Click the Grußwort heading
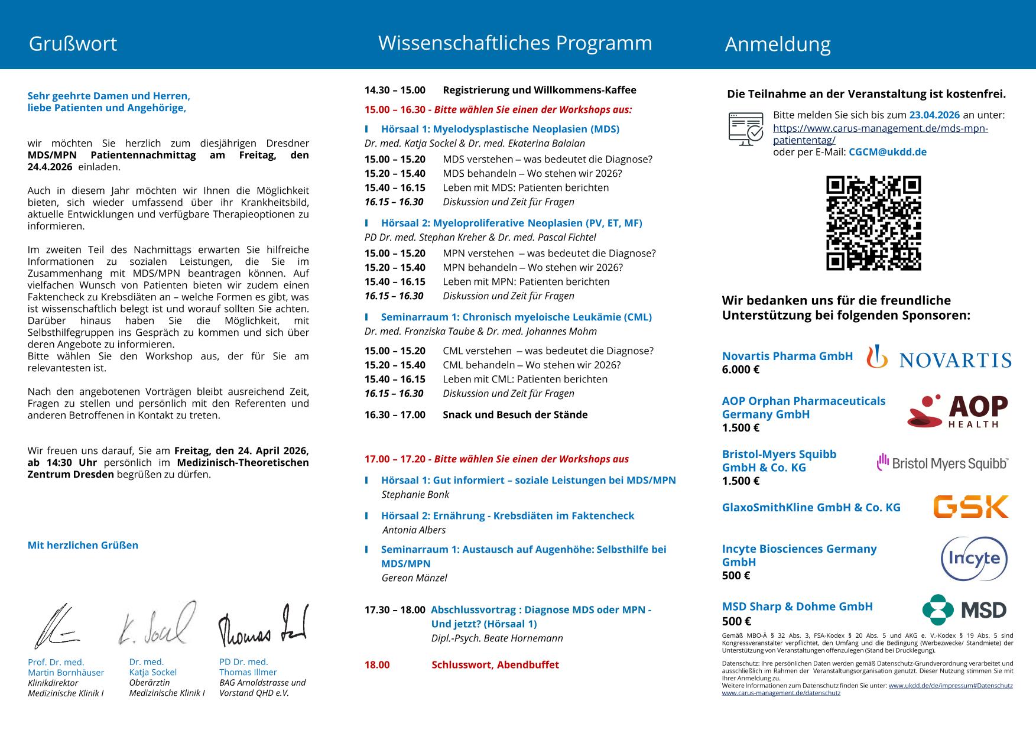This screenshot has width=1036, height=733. point(73,44)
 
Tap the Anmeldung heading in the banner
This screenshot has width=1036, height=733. point(778,44)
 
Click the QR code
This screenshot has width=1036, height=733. point(873,223)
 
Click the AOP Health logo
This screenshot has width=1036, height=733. point(957,411)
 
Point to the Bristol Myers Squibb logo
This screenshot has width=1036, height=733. point(942,463)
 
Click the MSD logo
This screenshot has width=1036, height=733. point(964,609)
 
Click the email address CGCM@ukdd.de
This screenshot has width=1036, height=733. point(887,152)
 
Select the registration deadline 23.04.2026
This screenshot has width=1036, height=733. point(934,115)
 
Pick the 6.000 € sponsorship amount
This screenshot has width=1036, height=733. point(741,370)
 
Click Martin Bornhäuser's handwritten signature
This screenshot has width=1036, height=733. point(56,627)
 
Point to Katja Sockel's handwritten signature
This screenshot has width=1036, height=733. point(157,624)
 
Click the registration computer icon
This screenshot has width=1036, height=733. point(746,128)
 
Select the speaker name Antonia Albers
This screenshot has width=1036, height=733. point(414,530)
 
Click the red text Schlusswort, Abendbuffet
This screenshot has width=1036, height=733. point(495,665)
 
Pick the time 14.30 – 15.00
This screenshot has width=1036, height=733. point(395,90)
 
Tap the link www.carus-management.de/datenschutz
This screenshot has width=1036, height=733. point(781,693)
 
